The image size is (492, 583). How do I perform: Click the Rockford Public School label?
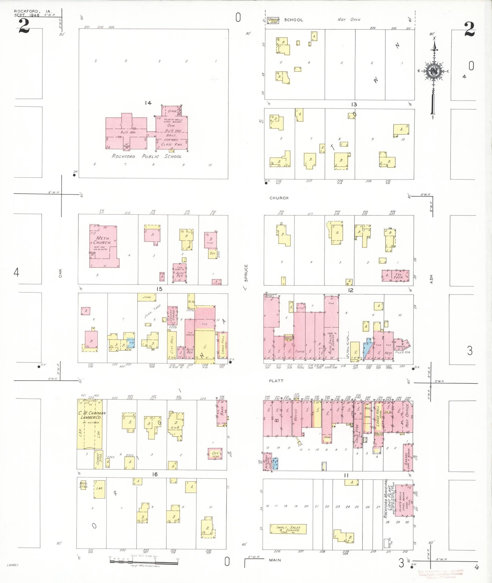pos(146,156)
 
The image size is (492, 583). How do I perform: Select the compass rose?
pos(433,71)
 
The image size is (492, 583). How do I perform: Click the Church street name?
pos(279,198)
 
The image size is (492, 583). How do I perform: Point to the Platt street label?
pos(276,381)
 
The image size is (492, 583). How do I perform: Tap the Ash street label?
pos(431,279)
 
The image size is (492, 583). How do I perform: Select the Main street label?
pos(275,560)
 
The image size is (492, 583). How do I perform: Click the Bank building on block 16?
pos(222,413)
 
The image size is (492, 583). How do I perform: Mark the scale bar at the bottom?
pos(143,562)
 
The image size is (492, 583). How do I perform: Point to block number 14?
pos(148,103)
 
